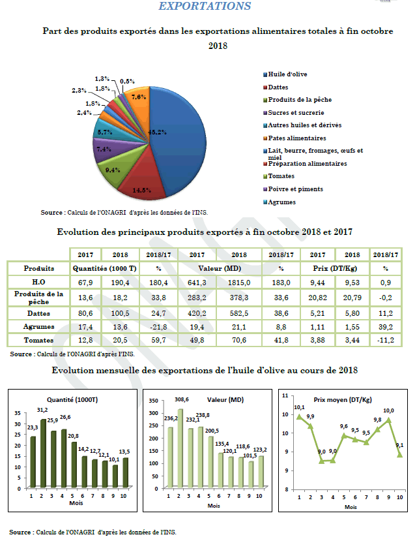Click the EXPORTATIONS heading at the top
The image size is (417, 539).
[x=205, y=6]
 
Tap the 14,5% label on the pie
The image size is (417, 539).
[x=142, y=191]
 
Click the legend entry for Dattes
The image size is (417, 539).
[x=278, y=87]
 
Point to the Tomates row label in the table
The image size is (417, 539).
[x=38, y=340]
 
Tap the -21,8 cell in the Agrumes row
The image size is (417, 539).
[x=156, y=326]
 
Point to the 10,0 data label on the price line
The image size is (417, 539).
[x=389, y=410]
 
